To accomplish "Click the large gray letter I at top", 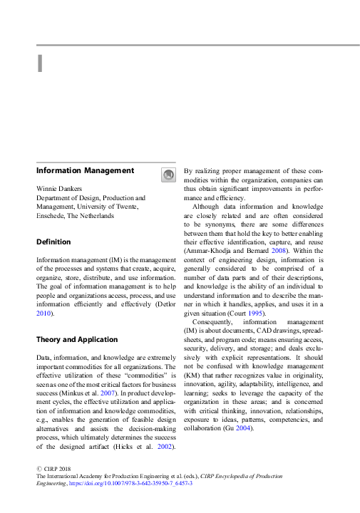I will [40, 63].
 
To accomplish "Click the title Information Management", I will [85, 170].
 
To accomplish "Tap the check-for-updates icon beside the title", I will [168, 175].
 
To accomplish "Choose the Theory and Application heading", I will [77, 339].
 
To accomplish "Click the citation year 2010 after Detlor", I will [43, 313].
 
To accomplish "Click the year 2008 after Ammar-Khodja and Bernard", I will [279, 252].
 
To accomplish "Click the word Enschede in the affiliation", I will [50, 215].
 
